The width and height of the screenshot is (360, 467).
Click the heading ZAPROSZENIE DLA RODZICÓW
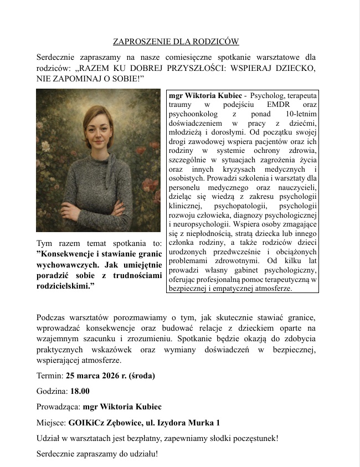tap(176, 41)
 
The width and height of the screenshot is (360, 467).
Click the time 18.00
tap(80, 391)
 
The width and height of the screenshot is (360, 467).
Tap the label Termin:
tap(50, 375)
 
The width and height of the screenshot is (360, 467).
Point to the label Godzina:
tap(52, 391)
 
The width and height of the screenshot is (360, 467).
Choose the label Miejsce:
tap(51, 422)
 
